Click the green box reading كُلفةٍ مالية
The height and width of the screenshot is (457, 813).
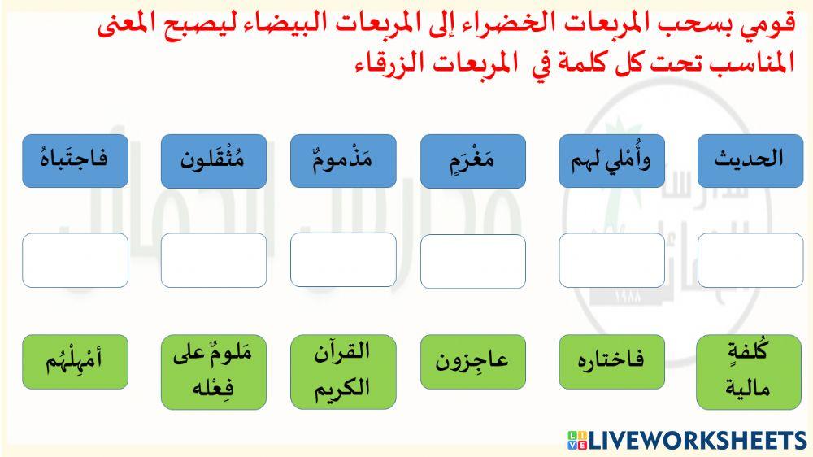750,372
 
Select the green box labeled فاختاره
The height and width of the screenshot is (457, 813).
611,361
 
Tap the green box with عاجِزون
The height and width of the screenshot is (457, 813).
473,361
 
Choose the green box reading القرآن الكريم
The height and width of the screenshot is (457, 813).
343,372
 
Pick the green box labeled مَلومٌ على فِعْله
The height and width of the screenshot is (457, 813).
214,372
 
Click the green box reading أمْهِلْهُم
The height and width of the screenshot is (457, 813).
75,361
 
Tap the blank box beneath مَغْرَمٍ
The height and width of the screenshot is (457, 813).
473,260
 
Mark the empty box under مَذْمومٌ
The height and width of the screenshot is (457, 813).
343,260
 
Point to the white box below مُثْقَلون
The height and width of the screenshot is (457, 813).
214,260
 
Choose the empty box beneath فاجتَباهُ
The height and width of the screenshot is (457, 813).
75,260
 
